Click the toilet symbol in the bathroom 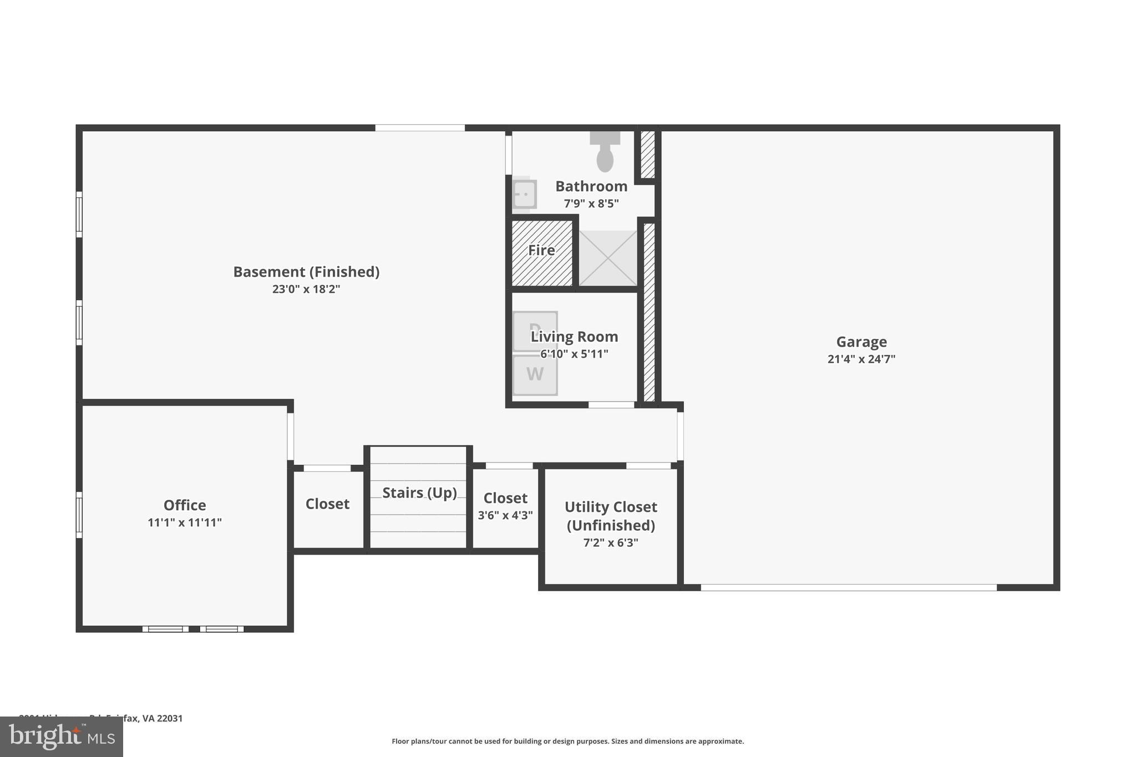point(605,152)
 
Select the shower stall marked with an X point(608,258)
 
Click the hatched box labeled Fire point(542,253)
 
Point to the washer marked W point(535,375)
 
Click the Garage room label point(861,342)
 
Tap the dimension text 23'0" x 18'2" point(306,289)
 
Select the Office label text point(185,505)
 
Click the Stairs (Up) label point(419,492)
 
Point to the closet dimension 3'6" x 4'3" point(505,515)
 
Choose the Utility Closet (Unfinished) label point(611,516)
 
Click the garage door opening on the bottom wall point(849,587)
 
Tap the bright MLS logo point(62,737)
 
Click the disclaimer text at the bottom point(567,741)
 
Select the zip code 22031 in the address point(170,718)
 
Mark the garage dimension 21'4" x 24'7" point(861,359)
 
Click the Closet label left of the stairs point(327,504)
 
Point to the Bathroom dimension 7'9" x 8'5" point(591,204)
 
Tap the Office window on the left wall point(79,515)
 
